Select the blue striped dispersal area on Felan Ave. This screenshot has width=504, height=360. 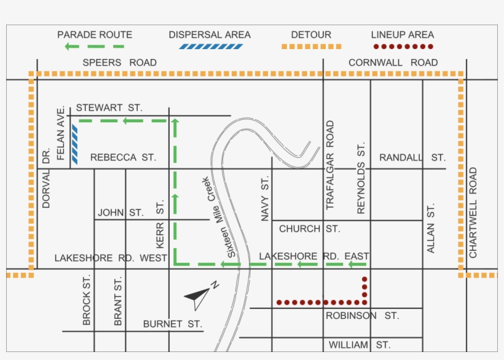[74, 144]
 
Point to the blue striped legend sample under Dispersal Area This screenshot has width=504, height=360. [210, 47]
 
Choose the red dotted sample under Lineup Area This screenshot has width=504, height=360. [403, 47]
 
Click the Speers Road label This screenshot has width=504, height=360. [119, 63]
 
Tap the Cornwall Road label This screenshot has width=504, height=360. [393, 63]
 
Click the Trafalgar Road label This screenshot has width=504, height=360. [330, 165]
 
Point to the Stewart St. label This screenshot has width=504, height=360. [109, 108]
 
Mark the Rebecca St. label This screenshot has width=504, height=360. [123, 158]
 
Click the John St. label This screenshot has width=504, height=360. [120, 213]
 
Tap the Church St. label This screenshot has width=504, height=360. [309, 229]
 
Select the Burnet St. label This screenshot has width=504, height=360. [172, 324]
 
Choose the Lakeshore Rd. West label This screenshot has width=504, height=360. [111, 258]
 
